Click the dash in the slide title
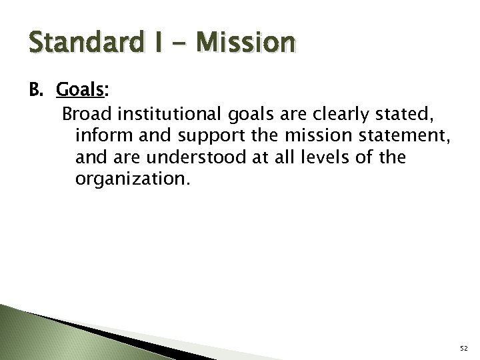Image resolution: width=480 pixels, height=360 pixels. pyautogui.click(x=180, y=43)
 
